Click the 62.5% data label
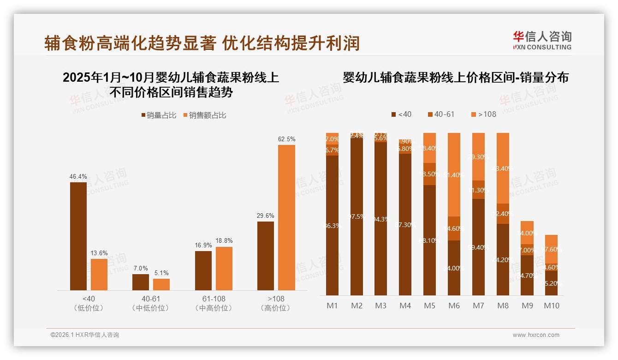point(286,139)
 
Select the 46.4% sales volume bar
point(78,236)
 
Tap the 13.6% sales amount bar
point(99,274)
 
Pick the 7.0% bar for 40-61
point(141,282)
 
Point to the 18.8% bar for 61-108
point(224,269)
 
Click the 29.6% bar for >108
point(266,256)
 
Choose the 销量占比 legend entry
point(158,115)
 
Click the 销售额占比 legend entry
point(205,115)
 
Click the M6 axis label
point(454,306)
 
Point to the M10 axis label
point(552,306)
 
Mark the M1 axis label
point(332,306)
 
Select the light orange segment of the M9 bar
point(527,232)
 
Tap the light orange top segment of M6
point(454,174)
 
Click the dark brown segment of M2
point(357,217)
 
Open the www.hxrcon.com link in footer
point(536,335)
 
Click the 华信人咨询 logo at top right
point(542,40)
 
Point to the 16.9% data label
point(203,245)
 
